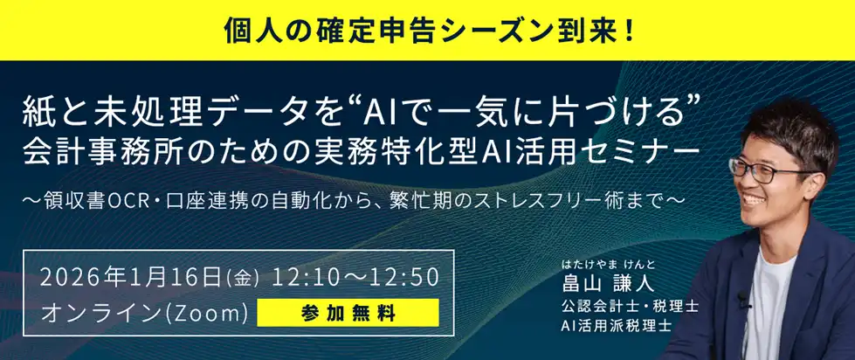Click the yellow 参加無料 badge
click(x=348, y=311)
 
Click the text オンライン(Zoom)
click(x=145, y=312)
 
